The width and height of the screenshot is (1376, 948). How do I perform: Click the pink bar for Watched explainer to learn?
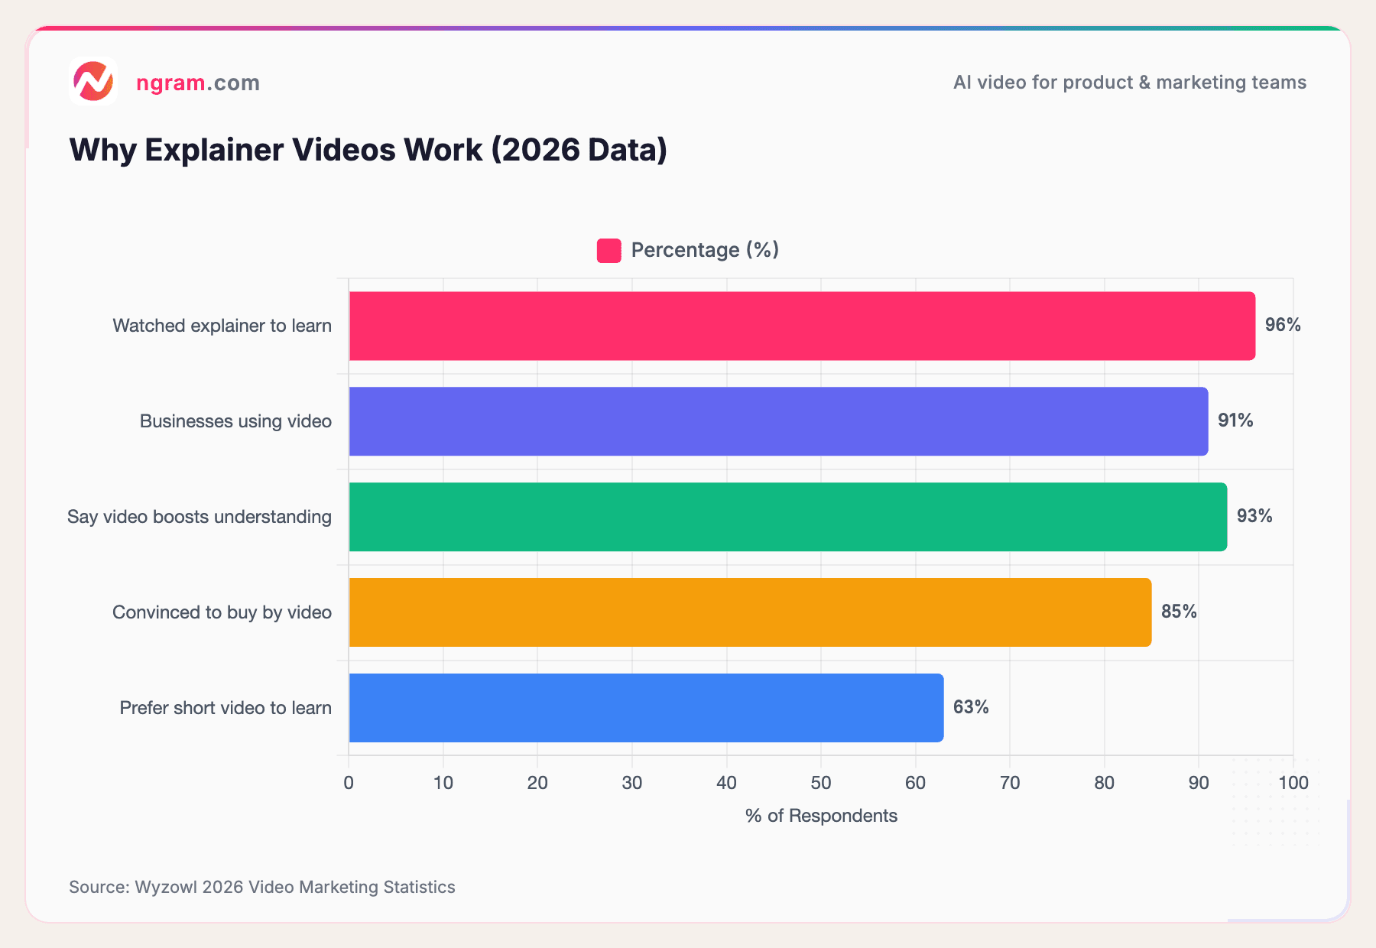click(x=801, y=326)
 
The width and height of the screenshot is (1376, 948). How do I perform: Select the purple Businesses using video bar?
click(x=778, y=421)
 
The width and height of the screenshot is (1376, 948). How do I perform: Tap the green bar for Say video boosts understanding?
click(x=787, y=517)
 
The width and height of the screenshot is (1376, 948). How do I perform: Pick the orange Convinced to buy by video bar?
click(x=749, y=612)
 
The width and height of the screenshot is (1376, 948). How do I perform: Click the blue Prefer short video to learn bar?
click(x=646, y=708)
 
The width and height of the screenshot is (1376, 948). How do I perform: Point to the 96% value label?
click(x=1282, y=325)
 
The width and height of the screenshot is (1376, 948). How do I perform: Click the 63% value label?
click(x=970, y=707)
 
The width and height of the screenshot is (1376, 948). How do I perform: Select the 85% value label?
click(x=1178, y=612)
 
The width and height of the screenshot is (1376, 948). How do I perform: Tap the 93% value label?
click(x=1254, y=516)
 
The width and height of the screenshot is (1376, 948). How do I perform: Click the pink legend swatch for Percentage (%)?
click(x=608, y=251)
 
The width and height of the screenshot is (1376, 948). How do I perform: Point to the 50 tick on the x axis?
click(x=820, y=783)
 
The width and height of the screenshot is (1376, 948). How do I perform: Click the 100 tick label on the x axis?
click(x=1293, y=783)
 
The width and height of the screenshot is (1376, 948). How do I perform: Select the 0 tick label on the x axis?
click(x=349, y=783)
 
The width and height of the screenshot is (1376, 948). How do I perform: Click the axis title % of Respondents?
click(x=820, y=816)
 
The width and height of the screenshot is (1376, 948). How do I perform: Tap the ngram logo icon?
click(x=93, y=81)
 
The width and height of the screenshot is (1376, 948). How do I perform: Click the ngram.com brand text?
click(x=197, y=83)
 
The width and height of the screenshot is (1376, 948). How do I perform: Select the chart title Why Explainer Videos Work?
click(x=368, y=150)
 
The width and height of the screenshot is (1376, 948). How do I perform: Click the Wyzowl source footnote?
click(x=261, y=887)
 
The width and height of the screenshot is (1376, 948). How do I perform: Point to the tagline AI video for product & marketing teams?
click(x=1129, y=83)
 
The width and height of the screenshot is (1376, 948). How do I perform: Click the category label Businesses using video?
click(x=235, y=421)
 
